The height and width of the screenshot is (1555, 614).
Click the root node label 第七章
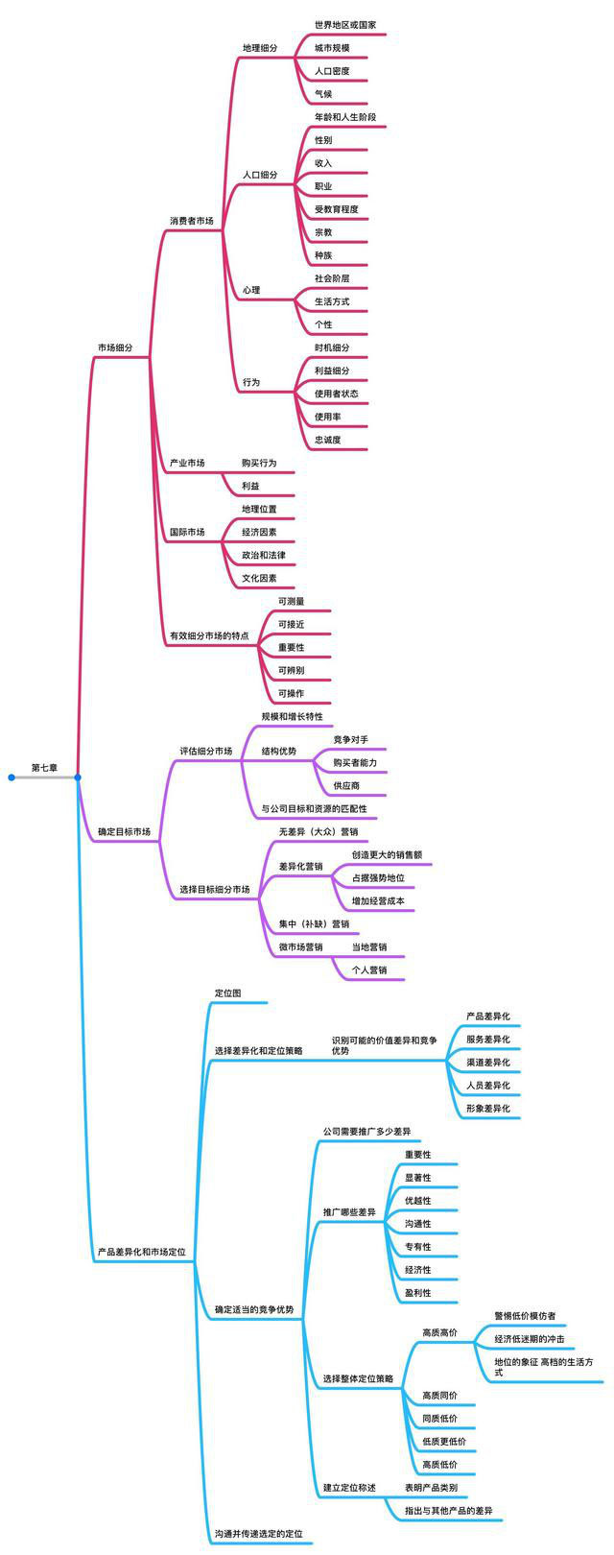click(44, 768)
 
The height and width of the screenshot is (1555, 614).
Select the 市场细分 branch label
click(114, 347)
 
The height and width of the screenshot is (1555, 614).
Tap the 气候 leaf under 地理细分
click(324, 94)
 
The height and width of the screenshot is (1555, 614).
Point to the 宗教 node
click(324, 232)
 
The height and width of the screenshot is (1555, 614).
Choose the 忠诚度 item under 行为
click(328, 440)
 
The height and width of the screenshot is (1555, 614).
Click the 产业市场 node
click(187, 463)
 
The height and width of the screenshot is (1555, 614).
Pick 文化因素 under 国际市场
click(259, 578)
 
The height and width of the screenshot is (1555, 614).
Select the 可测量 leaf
click(292, 601)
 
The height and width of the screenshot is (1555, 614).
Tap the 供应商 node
click(346, 785)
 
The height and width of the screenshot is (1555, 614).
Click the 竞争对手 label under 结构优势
click(350, 739)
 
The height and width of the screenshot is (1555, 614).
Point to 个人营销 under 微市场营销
click(369, 969)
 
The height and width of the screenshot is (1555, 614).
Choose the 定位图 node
click(227, 993)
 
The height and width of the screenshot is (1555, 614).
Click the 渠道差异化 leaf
click(488, 1062)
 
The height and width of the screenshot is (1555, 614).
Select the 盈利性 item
click(418, 1292)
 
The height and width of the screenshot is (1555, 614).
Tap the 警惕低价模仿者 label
click(525, 1315)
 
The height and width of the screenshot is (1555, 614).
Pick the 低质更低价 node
click(444, 1441)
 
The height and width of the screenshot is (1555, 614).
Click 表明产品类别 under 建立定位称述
click(431, 1487)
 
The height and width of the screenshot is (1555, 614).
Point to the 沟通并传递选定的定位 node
click(258, 1534)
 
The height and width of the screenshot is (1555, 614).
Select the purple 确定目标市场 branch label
click(124, 831)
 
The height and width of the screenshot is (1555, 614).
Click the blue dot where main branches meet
click(78, 777)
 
